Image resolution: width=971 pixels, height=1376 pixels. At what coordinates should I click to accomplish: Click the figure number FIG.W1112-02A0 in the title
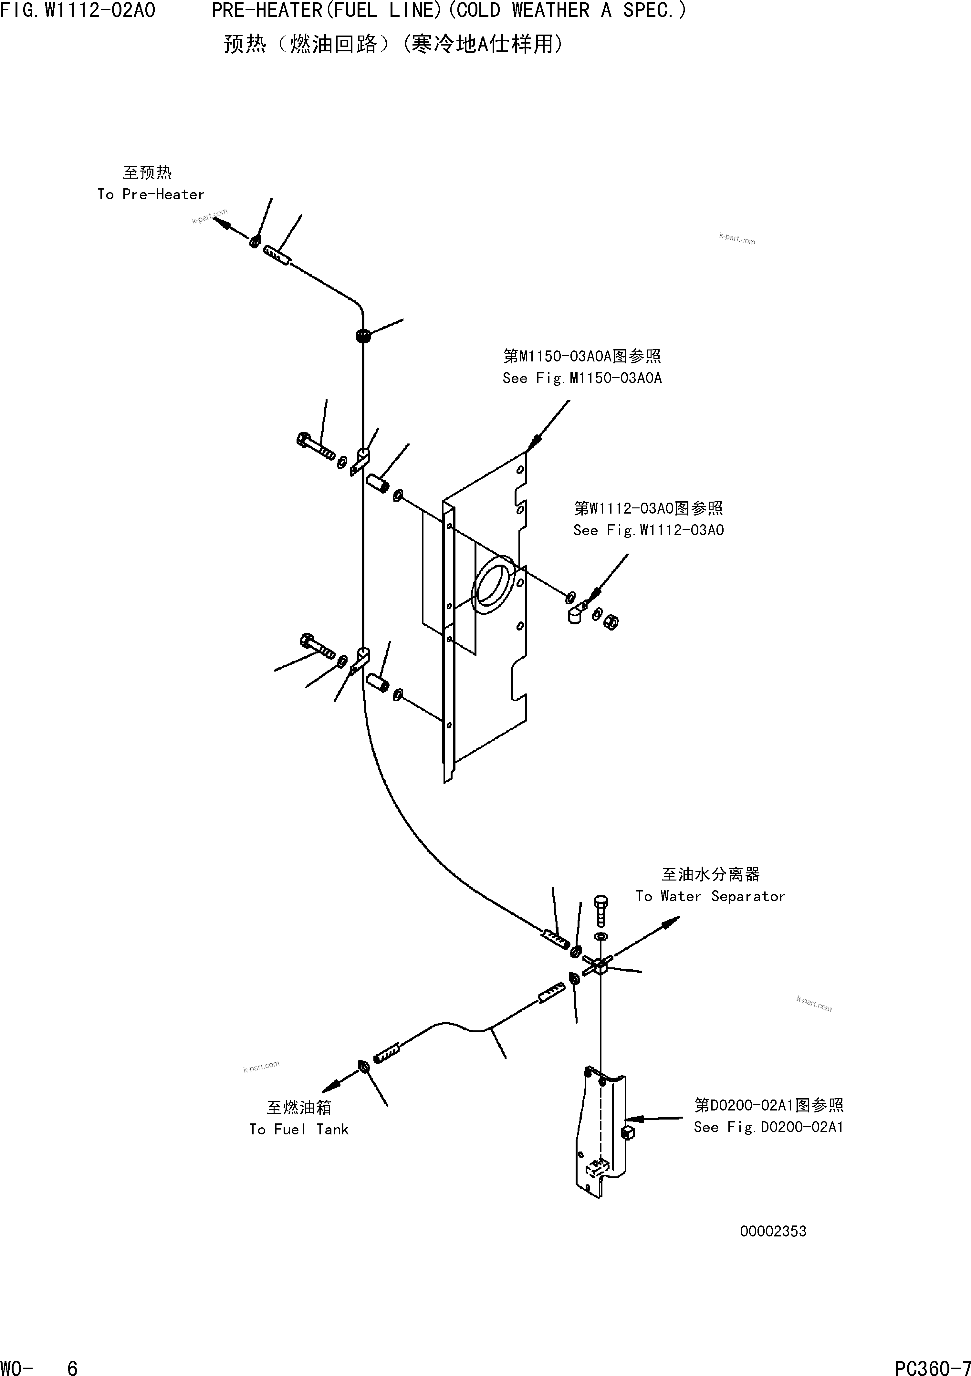(x=78, y=10)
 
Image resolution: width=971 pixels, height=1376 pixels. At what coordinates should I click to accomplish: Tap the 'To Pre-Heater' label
(x=151, y=194)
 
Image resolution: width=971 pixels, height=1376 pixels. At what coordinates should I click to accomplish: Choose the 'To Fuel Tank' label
(x=298, y=1130)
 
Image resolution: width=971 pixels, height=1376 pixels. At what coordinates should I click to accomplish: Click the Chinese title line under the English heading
(x=392, y=44)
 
